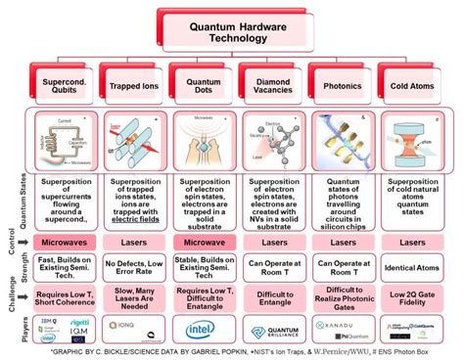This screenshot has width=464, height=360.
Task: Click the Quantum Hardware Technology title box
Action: (x=232, y=31)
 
